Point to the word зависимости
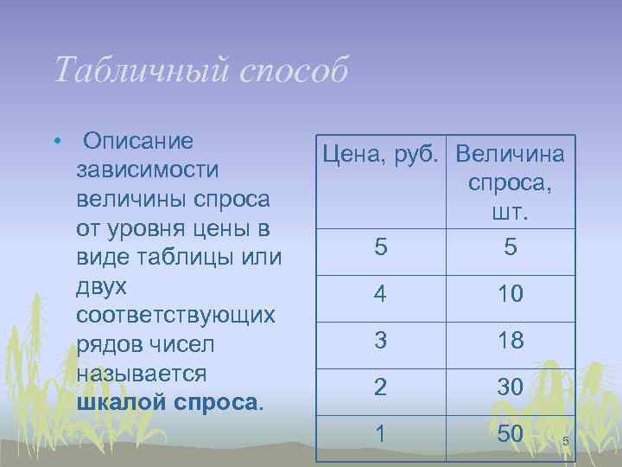[148, 170]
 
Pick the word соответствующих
[175, 316]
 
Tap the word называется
[142, 374]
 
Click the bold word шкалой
[122, 403]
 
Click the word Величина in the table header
[511, 155]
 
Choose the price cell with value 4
[382, 294]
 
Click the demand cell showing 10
[511, 294]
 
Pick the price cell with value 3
[382, 341]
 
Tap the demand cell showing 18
[511, 341]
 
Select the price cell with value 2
[382, 388]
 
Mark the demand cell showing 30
[511, 388]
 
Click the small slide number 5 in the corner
[565, 443]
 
